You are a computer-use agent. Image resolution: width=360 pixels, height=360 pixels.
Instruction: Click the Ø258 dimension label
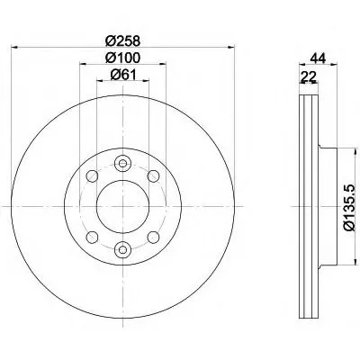(123, 40)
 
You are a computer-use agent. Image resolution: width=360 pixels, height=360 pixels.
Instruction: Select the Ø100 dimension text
(122, 58)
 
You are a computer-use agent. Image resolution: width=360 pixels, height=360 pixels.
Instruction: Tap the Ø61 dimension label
(123, 75)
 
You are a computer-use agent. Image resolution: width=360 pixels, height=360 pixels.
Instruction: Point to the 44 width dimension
(319, 58)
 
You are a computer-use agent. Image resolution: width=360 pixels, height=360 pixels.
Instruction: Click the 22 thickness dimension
(309, 77)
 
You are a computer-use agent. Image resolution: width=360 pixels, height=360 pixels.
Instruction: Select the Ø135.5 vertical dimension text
(349, 208)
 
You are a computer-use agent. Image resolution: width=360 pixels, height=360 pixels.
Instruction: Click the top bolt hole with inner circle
(122, 164)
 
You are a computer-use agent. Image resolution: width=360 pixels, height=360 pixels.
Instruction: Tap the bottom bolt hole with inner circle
(122, 249)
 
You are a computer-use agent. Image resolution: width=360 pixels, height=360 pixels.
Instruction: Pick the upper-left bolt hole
(92, 175)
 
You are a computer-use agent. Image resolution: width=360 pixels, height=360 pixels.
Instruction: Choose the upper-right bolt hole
(154, 175)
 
